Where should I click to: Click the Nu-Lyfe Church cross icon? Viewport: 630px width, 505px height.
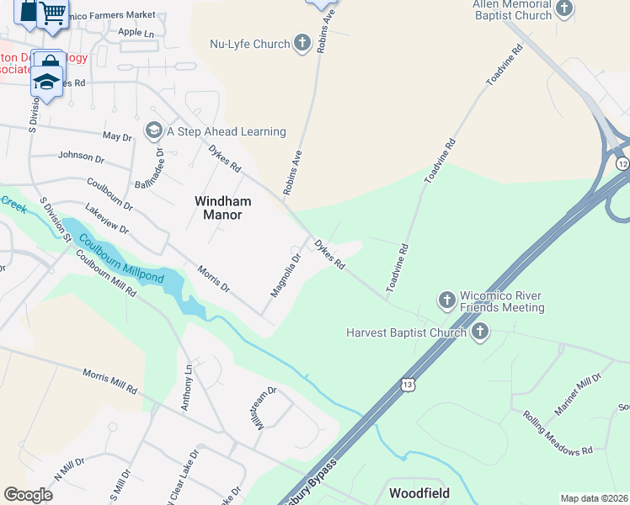click(x=302, y=44)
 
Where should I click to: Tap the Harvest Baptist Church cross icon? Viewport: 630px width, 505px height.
click(x=480, y=332)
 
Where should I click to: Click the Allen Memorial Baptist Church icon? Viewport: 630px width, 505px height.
click(x=564, y=10)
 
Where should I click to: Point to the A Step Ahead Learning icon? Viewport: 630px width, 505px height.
click(x=153, y=131)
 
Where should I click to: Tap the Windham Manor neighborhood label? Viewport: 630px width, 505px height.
click(x=218, y=208)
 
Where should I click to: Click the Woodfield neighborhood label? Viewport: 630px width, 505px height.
click(x=419, y=492)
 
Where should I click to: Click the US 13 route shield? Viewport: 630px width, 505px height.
click(x=408, y=382)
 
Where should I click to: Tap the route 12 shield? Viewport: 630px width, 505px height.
click(x=622, y=162)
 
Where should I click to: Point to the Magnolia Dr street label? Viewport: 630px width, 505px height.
click(x=286, y=276)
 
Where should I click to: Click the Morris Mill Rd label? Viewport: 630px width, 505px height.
click(x=109, y=381)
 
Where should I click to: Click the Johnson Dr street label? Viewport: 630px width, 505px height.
click(x=81, y=156)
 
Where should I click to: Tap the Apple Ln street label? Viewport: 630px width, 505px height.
click(x=136, y=33)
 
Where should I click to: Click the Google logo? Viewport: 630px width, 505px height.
click(x=28, y=495)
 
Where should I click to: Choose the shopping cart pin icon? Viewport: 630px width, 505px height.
click(x=52, y=12)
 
